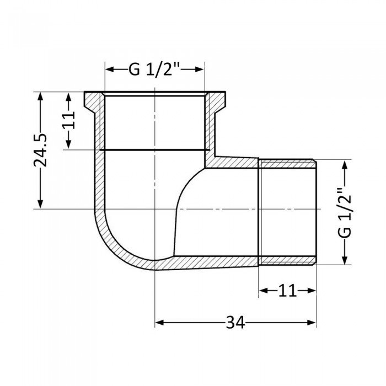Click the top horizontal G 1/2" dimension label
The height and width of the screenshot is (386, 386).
155,70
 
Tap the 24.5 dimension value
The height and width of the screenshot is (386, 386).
40,149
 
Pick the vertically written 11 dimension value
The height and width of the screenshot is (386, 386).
68,120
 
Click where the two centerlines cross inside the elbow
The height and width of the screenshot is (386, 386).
155,210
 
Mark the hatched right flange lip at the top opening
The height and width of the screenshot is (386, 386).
216,102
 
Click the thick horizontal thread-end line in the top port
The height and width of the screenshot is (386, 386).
155,149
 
